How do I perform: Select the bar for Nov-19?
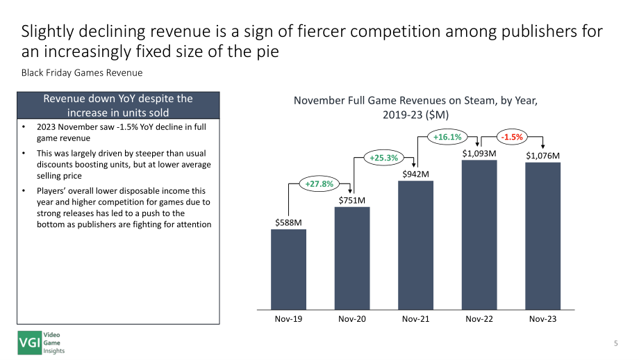pos(288,270)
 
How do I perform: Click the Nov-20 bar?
pos(352,259)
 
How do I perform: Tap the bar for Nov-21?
pos(415,245)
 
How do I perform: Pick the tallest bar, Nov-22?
pos(479,235)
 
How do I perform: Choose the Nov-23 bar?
pos(543,236)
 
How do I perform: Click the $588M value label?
pos(288,222)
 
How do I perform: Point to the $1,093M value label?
pos(479,154)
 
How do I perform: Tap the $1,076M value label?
pos(543,156)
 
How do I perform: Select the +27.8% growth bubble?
pos(319,184)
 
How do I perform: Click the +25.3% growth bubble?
pos(383,158)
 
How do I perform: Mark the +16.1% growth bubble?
pos(447,137)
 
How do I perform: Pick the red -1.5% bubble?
pos(512,137)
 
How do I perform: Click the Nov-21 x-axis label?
pos(415,319)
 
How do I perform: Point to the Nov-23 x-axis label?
pos(543,319)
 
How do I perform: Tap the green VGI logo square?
pos(29,343)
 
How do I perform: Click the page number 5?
pos(616,343)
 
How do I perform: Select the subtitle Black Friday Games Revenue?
pos(82,73)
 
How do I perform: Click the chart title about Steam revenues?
pos(415,108)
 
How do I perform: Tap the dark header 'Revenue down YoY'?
pos(118,105)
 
